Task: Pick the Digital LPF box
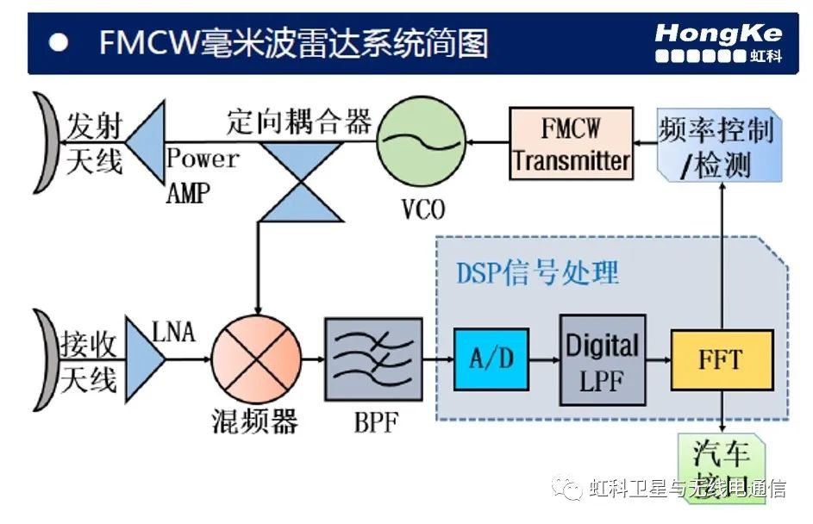(x=603, y=359)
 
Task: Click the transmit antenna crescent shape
(x=46, y=143)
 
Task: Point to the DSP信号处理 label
(x=537, y=273)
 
